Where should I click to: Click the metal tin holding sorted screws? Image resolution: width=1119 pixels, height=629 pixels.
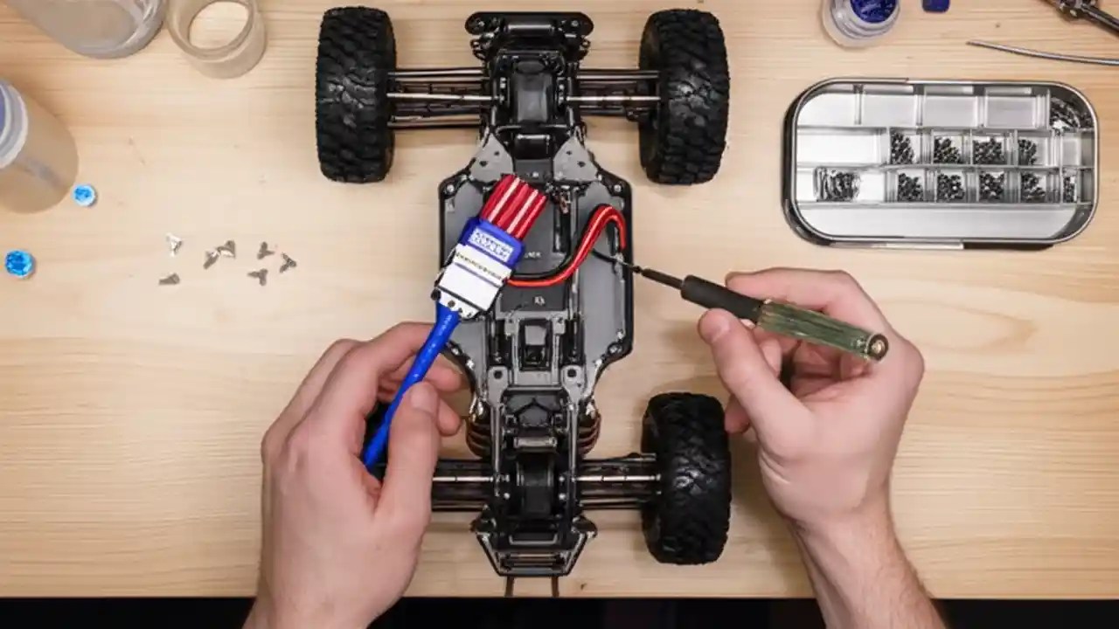coord(940,162)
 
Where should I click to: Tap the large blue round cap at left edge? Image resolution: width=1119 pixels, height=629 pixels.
coord(18,263)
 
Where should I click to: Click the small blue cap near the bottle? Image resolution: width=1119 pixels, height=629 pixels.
coord(84,195)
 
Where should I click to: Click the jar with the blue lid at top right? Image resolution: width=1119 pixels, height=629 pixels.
coord(861,19)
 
